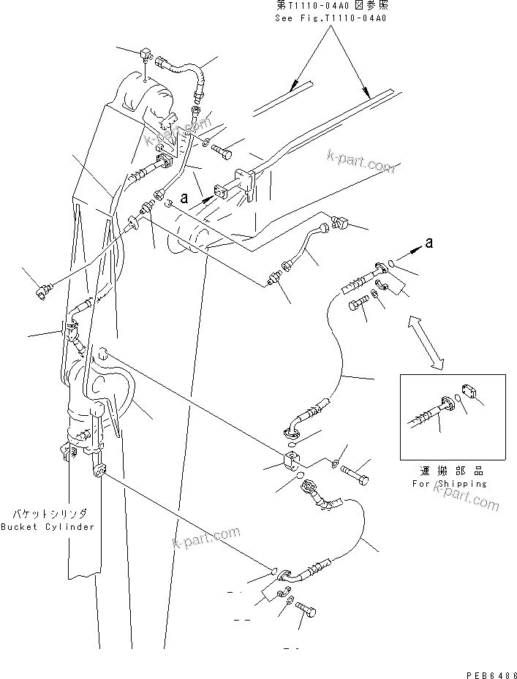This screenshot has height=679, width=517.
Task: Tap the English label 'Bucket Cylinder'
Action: pyautogui.click(x=48, y=527)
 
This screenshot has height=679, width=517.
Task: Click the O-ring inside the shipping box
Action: pyautogui.click(x=457, y=399)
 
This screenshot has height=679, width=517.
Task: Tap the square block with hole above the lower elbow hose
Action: pyautogui.click(x=290, y=460)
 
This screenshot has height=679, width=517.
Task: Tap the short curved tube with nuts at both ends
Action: pyautogui.click(x=307, y=246)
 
